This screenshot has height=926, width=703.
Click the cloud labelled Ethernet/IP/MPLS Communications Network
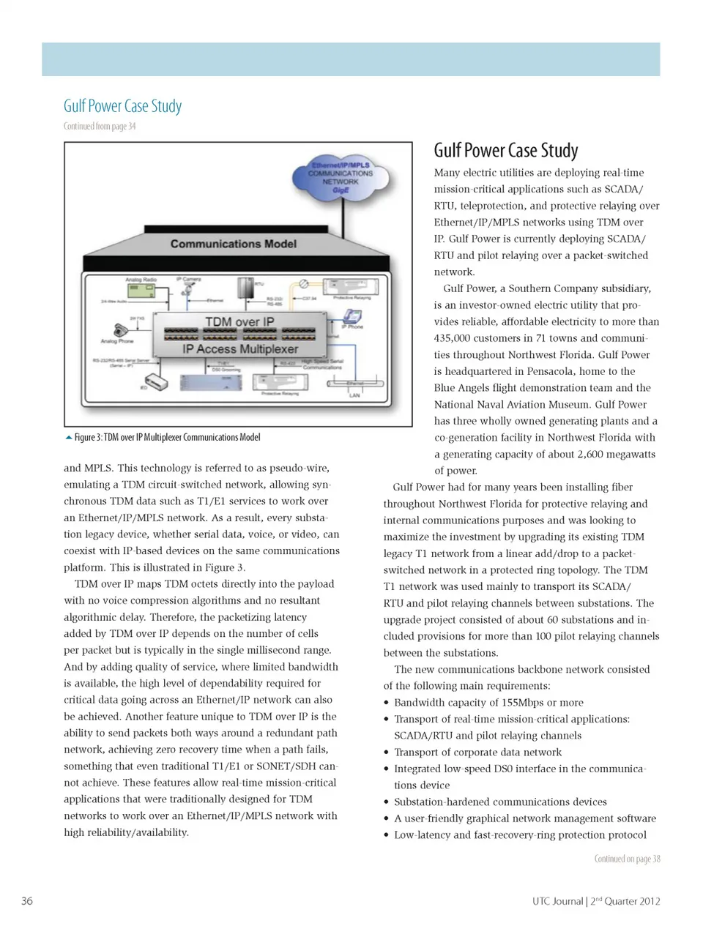[340, 178]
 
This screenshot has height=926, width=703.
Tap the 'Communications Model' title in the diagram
[233, 244]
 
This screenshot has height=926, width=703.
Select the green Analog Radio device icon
[140, 291]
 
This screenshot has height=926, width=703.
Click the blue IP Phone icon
[353, 316]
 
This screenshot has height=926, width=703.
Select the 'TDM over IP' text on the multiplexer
[239, 321]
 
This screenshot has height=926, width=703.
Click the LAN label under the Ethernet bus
[354, 395]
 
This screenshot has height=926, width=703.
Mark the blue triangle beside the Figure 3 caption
[69, 438]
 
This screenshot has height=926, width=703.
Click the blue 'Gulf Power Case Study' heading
[122, 106]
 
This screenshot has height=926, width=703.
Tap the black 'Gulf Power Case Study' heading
[506, 151]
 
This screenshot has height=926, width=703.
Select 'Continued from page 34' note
[100, 126]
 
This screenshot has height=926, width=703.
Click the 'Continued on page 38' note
[627, 859]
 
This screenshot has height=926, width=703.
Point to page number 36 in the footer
[27, 901]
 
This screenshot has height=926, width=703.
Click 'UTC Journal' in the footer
[557, 901]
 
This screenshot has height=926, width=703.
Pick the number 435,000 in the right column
[455, 338]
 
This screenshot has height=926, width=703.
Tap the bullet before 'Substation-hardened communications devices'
[387, 802]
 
